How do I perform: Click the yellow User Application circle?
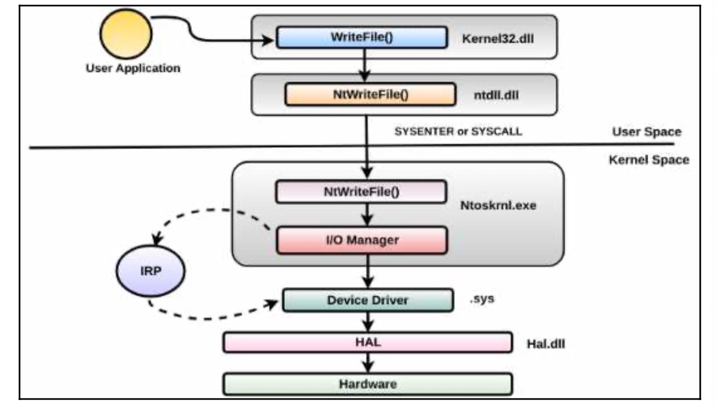tap(126, 34)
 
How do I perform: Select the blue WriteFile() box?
tap(361, 37)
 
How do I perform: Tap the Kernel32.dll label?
tap(498, 39)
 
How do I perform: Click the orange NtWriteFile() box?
tap(370, 95)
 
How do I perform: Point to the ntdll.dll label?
tap(496, 95)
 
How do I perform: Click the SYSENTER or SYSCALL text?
tap(458, 131)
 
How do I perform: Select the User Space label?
tap(646, 132)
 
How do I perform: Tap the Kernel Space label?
tap(649, 160)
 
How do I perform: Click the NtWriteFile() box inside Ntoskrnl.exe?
tap(361, 192)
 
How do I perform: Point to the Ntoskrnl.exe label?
tap(498, 205)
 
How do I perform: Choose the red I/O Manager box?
tap(362, 240)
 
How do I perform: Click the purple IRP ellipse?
tap(150, 271)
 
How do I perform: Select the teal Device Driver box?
tap(368, 300)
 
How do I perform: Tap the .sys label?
tap(482, 299)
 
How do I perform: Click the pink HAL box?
tap(368, 343)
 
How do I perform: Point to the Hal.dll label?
tap(545, 344)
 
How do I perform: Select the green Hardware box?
tap(368, 384)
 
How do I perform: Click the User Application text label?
tap(133, 68)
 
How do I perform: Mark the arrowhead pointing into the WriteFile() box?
tap(268, 41)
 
